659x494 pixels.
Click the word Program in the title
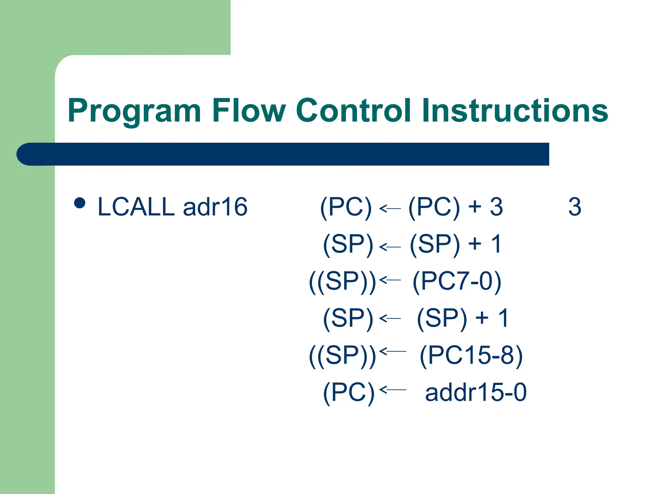pyautogui.click(x=134, y=111)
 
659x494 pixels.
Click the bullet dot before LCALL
pyautogui.click(x=79, y=203)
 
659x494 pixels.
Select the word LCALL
pyautogui.click(x=136, y=207)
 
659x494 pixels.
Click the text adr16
pyautogui.click(x=215, y=207)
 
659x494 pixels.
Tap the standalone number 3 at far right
pyautogui.click(x=575, y=207)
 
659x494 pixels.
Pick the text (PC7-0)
pyautogui.click(x=457, y=281)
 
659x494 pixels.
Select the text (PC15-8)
pyautogui.click(x=471, y=355)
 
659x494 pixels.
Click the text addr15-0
pyautogui.click(x=476, y=392)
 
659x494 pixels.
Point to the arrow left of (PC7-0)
pyautogui.click(x=390, y=280)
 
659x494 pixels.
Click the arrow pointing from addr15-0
pyautogui.click(x=393, y=390)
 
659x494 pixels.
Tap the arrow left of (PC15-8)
pyautogui.click(x=393, y=351)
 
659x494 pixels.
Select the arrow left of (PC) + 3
pyautogui.click(x=390, y=208)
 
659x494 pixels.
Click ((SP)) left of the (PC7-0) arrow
pyautogui.click(x=342, y=281)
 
